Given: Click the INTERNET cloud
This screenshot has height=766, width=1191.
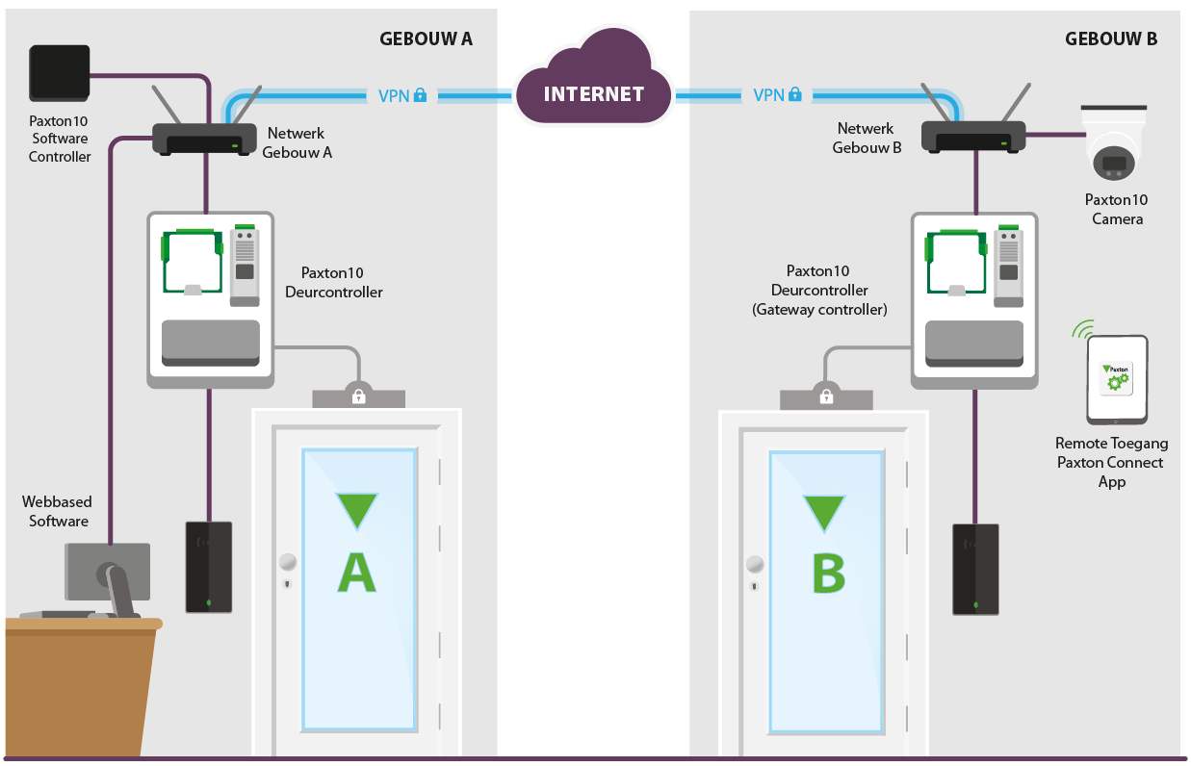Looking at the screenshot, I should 593,93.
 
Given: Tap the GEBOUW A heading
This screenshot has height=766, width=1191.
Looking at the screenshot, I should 426,39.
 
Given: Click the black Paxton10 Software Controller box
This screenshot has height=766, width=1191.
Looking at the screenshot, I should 60,72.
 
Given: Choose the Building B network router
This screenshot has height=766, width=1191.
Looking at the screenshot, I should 972,137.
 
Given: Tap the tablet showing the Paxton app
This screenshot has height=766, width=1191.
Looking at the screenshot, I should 1117,379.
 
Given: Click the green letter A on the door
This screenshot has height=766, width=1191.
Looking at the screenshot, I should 356,572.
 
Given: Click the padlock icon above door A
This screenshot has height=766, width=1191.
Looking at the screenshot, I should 358,396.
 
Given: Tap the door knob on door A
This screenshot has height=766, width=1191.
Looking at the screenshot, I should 287,563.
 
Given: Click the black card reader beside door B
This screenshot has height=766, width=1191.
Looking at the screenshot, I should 975,569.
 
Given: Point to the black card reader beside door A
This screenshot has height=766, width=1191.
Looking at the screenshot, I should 208,567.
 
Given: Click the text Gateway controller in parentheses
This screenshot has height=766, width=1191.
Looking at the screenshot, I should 819,309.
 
